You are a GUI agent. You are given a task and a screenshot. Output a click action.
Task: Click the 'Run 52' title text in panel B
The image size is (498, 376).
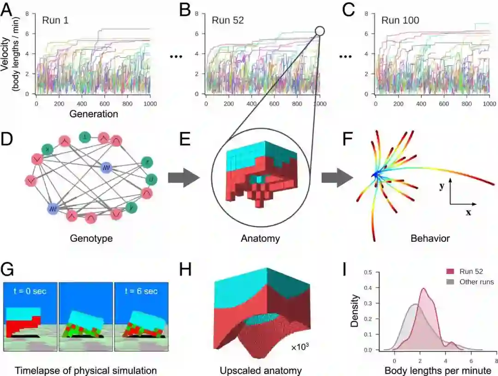228,20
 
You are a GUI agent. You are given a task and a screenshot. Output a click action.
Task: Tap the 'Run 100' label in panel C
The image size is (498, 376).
400,20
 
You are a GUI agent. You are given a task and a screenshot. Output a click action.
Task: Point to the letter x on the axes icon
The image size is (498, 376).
468,213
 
